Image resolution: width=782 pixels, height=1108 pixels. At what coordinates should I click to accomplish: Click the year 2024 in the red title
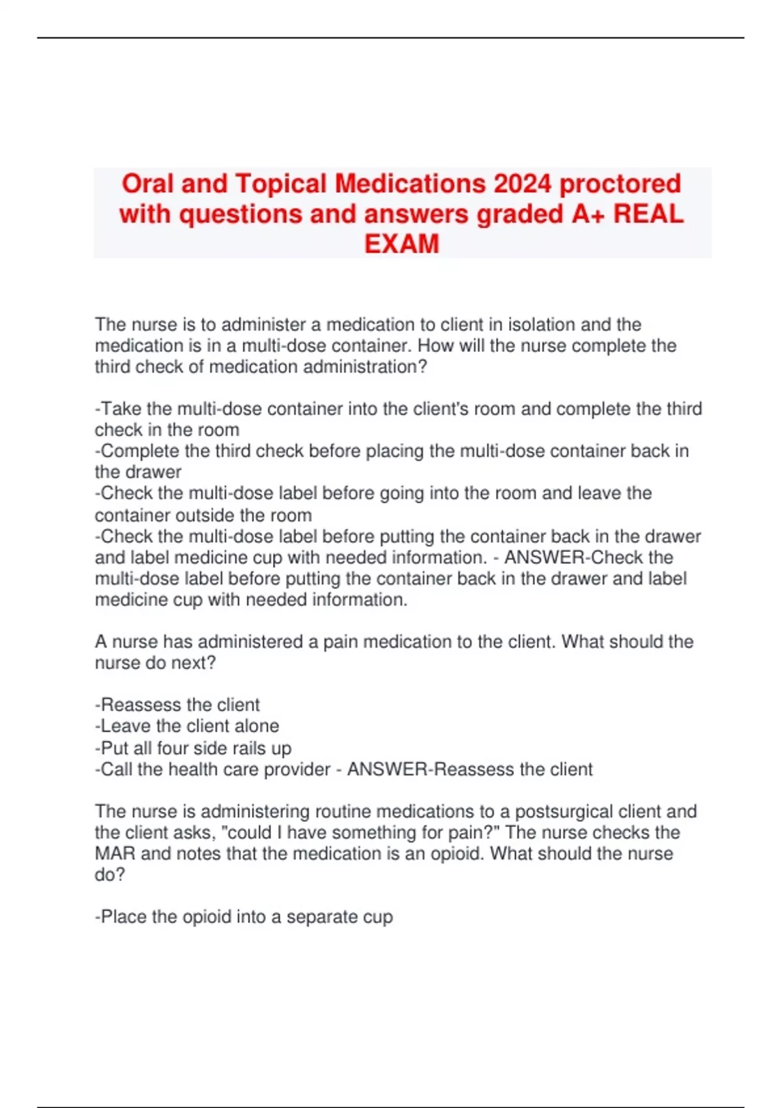coord(522,184)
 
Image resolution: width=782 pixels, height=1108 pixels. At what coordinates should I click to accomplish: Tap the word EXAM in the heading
coord(401,244)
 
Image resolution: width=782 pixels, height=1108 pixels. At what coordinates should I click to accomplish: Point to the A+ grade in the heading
coord(588,214)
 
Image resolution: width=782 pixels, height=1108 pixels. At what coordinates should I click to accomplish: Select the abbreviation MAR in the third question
coord(115,853)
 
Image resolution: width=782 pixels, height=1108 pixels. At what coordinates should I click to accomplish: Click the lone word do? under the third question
coord(109,874)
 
